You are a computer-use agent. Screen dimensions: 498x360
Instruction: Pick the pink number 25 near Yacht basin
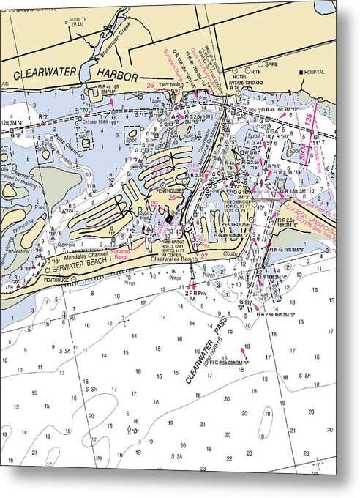[x=150, y=86]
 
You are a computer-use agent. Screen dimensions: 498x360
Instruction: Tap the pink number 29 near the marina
[x=154, y=202]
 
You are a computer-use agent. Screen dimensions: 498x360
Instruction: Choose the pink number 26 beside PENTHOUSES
[x=172, y=197]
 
